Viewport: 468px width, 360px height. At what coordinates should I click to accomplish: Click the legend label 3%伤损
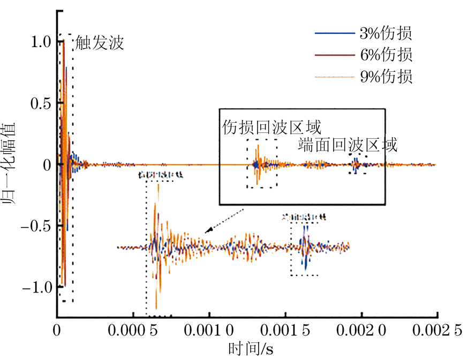386,34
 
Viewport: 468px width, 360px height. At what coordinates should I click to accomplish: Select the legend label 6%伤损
386,55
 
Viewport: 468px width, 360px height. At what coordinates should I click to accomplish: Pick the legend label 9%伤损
386,77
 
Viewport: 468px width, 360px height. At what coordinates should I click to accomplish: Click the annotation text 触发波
100,43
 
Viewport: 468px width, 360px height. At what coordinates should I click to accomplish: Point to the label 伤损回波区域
272,127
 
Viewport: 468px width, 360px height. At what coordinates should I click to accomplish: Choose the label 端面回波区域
348,145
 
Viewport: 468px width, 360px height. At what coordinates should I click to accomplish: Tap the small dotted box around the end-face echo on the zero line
357,164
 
